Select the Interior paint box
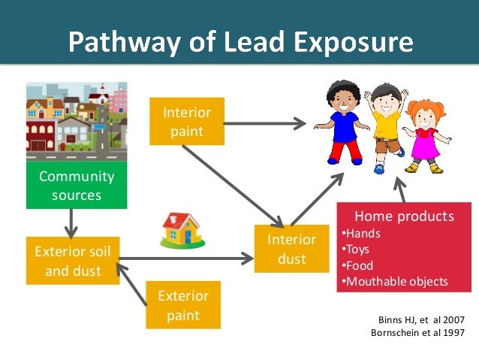[x=187, y=121]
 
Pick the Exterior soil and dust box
[x=72, y=261]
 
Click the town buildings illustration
[x=77, y=120]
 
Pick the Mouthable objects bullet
[x=395, y=282]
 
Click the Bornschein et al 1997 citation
[x=418, y=333]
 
